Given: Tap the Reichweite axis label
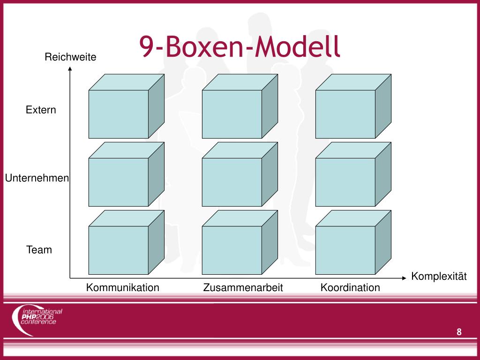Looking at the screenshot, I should tap(70, 57).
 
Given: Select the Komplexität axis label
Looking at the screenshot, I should tap(439, 276).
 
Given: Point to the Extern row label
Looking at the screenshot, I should tap(41, 110).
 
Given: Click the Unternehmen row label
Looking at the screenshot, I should tap(37, 178).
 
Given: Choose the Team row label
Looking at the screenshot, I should tap(39, 250).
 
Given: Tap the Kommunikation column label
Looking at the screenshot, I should tap(123, 287).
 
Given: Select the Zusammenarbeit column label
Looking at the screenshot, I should tap(243, 287).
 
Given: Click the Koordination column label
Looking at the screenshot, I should tap(350, 287).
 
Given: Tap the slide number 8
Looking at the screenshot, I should tap(459, 332).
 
